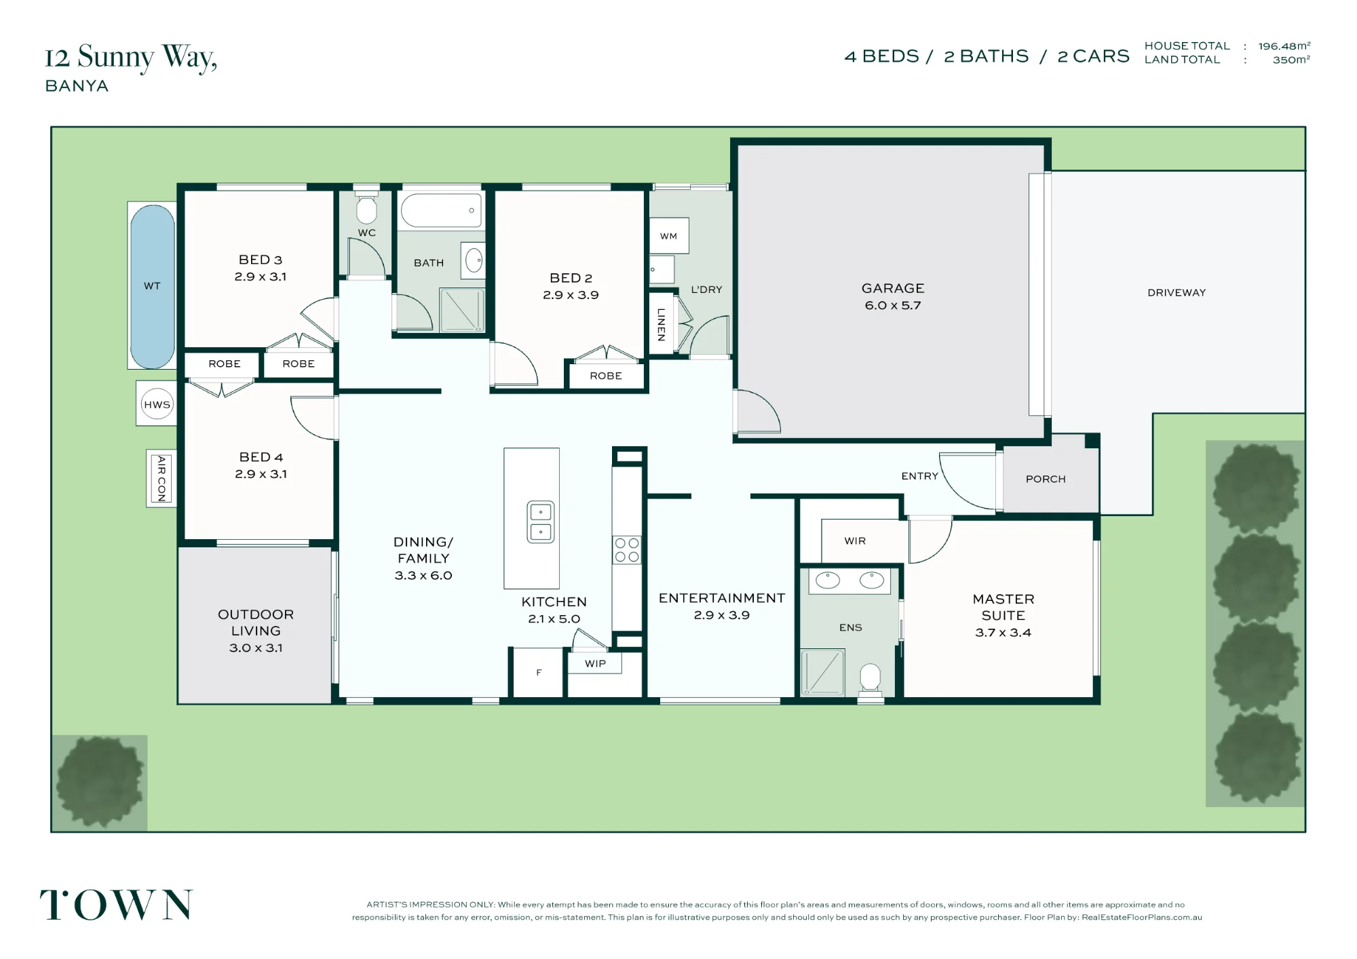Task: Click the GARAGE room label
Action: click(893, 288)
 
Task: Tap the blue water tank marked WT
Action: click(152, 286)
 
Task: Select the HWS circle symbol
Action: click(157, 404)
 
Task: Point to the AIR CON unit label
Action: click(161, 478)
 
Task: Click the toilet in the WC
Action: click(366, 208)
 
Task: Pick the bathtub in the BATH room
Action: click(441, 210)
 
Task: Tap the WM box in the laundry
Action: click(669, 236)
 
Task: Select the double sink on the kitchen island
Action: click(541, 522)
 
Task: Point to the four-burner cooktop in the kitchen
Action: click(627, 550)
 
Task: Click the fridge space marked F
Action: click(539, 673)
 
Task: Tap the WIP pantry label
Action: click(595, 663)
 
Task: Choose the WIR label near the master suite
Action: click(855, 541)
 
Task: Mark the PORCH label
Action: click(1046, 479)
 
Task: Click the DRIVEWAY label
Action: click(1177, 292)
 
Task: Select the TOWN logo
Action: click(116, 905)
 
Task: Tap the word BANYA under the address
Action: click(77, 86)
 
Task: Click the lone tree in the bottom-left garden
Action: click(100, 783)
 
